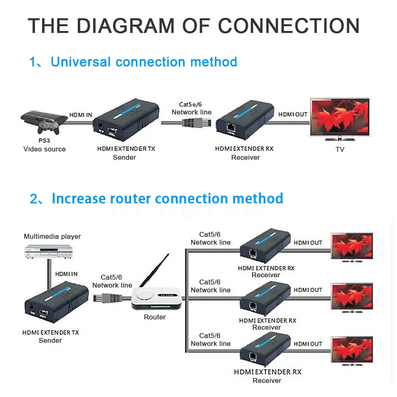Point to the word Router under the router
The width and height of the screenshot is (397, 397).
pos(155,317)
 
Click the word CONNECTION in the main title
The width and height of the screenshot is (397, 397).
pos(289,26)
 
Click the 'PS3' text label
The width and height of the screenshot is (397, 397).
pos(44,141)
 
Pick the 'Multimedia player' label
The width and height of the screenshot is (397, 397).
pos(52,237)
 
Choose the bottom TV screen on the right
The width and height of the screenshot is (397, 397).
pos(352,350)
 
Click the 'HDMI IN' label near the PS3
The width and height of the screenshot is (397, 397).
pos(81,115)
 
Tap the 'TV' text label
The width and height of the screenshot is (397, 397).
pos(340,150)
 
